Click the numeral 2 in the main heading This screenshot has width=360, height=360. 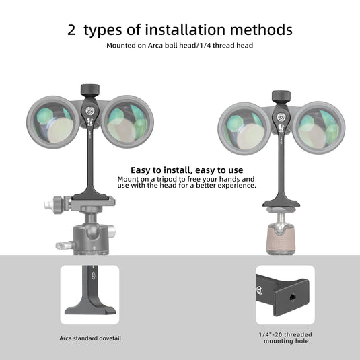tap(71, 30)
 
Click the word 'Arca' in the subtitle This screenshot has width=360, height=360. tap(155, 46)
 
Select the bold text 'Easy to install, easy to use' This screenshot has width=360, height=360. tap(186, 170)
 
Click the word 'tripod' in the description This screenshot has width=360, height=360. tap(168, 179)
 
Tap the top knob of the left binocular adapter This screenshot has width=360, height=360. tap(90, 89)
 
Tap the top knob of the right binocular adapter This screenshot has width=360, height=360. tap(281, 96)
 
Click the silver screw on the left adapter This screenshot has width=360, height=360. tap(89, 111)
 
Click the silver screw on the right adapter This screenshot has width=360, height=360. tap(281, 117)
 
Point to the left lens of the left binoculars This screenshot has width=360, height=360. tap(53, 122)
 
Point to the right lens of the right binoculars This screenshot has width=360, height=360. tap(319, 128)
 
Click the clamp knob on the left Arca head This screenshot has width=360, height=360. tap(55, 205)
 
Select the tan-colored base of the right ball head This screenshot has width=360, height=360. tap(281, 239)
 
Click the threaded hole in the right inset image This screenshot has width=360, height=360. tap(292, 298)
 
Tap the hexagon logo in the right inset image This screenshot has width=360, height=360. tap(260, 291)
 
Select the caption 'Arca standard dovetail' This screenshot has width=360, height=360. tap(90, 338)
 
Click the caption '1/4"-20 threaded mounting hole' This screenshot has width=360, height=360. tap(285, 338)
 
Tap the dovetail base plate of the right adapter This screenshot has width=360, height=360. tap(281, 203)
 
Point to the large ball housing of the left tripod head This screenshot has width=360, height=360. tap(92, 240)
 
